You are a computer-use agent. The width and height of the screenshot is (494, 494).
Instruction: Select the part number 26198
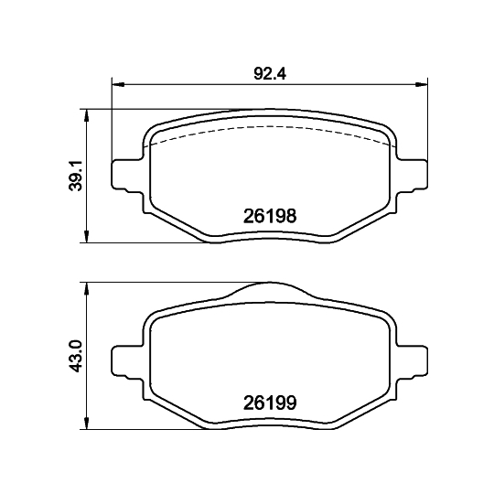(269, 217)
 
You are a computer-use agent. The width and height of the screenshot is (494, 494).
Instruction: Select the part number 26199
(269, 401)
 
